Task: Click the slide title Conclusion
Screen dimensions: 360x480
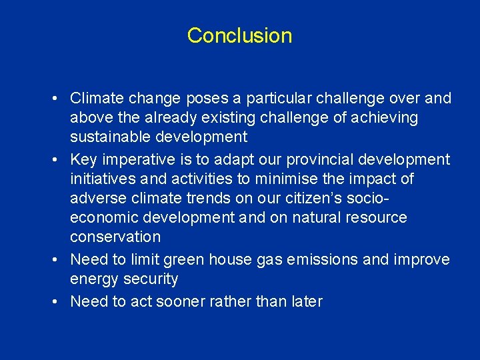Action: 239,35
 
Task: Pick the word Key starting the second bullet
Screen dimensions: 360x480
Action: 83,160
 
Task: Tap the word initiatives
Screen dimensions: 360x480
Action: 101,179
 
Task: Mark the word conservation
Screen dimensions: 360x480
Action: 115,237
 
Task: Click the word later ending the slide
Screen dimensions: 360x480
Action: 305,301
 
